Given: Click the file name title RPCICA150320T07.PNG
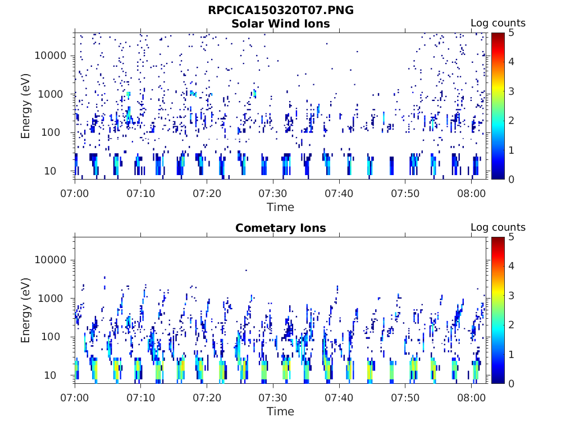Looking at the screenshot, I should (281, 10).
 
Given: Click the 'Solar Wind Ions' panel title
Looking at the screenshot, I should (281, 24).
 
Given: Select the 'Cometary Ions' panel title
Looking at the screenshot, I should (281, 228).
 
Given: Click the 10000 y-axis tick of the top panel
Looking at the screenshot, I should (51, 56).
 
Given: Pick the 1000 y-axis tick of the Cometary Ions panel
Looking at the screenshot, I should (55, 299).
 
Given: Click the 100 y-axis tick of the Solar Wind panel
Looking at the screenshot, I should (58, 132).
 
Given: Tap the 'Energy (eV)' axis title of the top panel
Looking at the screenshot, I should (26, 106).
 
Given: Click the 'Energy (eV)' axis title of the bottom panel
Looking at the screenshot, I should (26, 310).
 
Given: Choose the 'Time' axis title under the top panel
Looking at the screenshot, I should (280, 207).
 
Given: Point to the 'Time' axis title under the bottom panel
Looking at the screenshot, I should (280, 411).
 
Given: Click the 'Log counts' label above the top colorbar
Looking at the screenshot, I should (498, 23).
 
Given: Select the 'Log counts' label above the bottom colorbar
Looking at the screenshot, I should (498, 227).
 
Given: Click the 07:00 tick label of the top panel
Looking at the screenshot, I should (75, 193).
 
